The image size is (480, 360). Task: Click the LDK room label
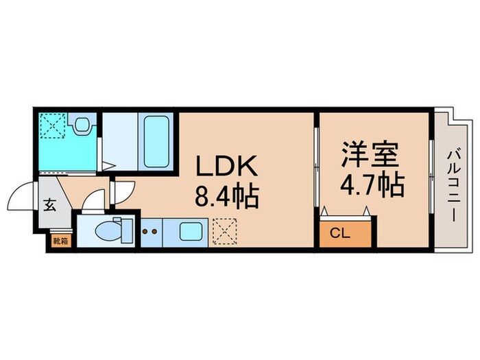pyautogui.click(x=227, y=166)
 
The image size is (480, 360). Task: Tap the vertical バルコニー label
pyautogui.click(x=453, y=184)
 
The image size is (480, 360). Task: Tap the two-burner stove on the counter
pyautogui.click(x=149, y=232)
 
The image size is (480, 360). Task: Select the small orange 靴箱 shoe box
pyautogui.click(x=59, y=241)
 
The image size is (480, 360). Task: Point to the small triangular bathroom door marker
pyautogui.click(x=107, y=166)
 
